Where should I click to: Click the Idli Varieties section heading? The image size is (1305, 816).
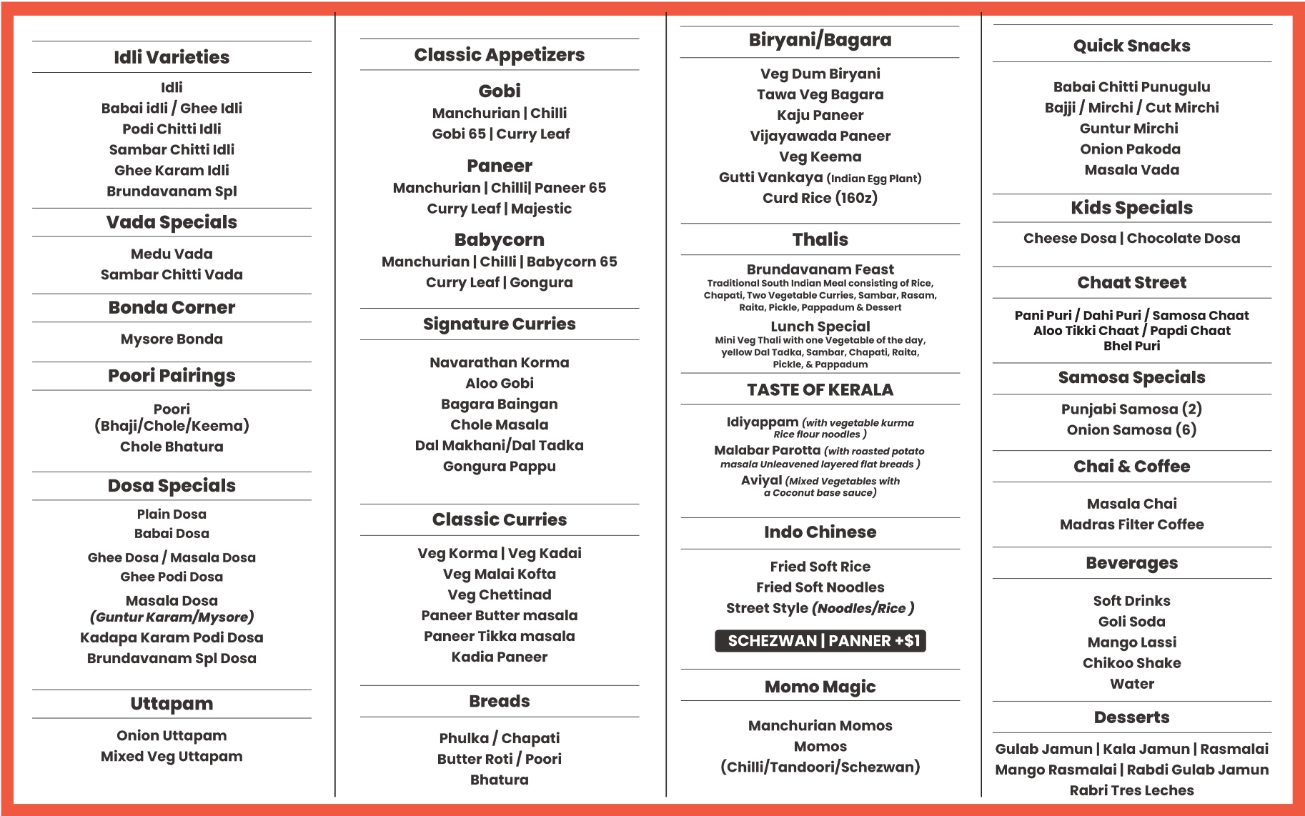point(172,57)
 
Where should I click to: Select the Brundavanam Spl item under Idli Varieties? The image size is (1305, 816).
point(172,191)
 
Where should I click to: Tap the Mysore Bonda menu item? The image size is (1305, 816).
point(172,339)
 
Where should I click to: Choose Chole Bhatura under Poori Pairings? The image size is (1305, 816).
point(172,447)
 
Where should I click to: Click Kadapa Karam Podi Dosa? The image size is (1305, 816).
point(172,637)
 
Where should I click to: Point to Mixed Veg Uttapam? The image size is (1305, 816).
point(172,757)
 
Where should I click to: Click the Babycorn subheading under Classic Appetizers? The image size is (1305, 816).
point(500,240)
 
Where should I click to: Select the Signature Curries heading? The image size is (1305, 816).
point(500,324)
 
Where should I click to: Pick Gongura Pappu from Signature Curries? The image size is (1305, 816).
point(500,467)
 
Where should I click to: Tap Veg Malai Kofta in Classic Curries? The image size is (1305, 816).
point(500,574)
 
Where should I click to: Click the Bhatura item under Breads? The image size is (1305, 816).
point(500,780)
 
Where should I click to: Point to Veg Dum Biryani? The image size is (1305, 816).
point(820,74)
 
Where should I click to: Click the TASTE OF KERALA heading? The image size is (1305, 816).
point(820,390)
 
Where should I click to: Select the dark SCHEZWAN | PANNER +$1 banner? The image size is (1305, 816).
point(820,641)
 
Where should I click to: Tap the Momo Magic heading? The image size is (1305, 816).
point(820,687)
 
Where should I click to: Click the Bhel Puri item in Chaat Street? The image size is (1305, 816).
point(1132,346)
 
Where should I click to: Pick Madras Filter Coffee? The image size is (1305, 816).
point(1132,524)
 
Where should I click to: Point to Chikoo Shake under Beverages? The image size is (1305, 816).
point(1132,663)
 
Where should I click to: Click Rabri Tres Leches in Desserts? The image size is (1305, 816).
point(1132,791)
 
